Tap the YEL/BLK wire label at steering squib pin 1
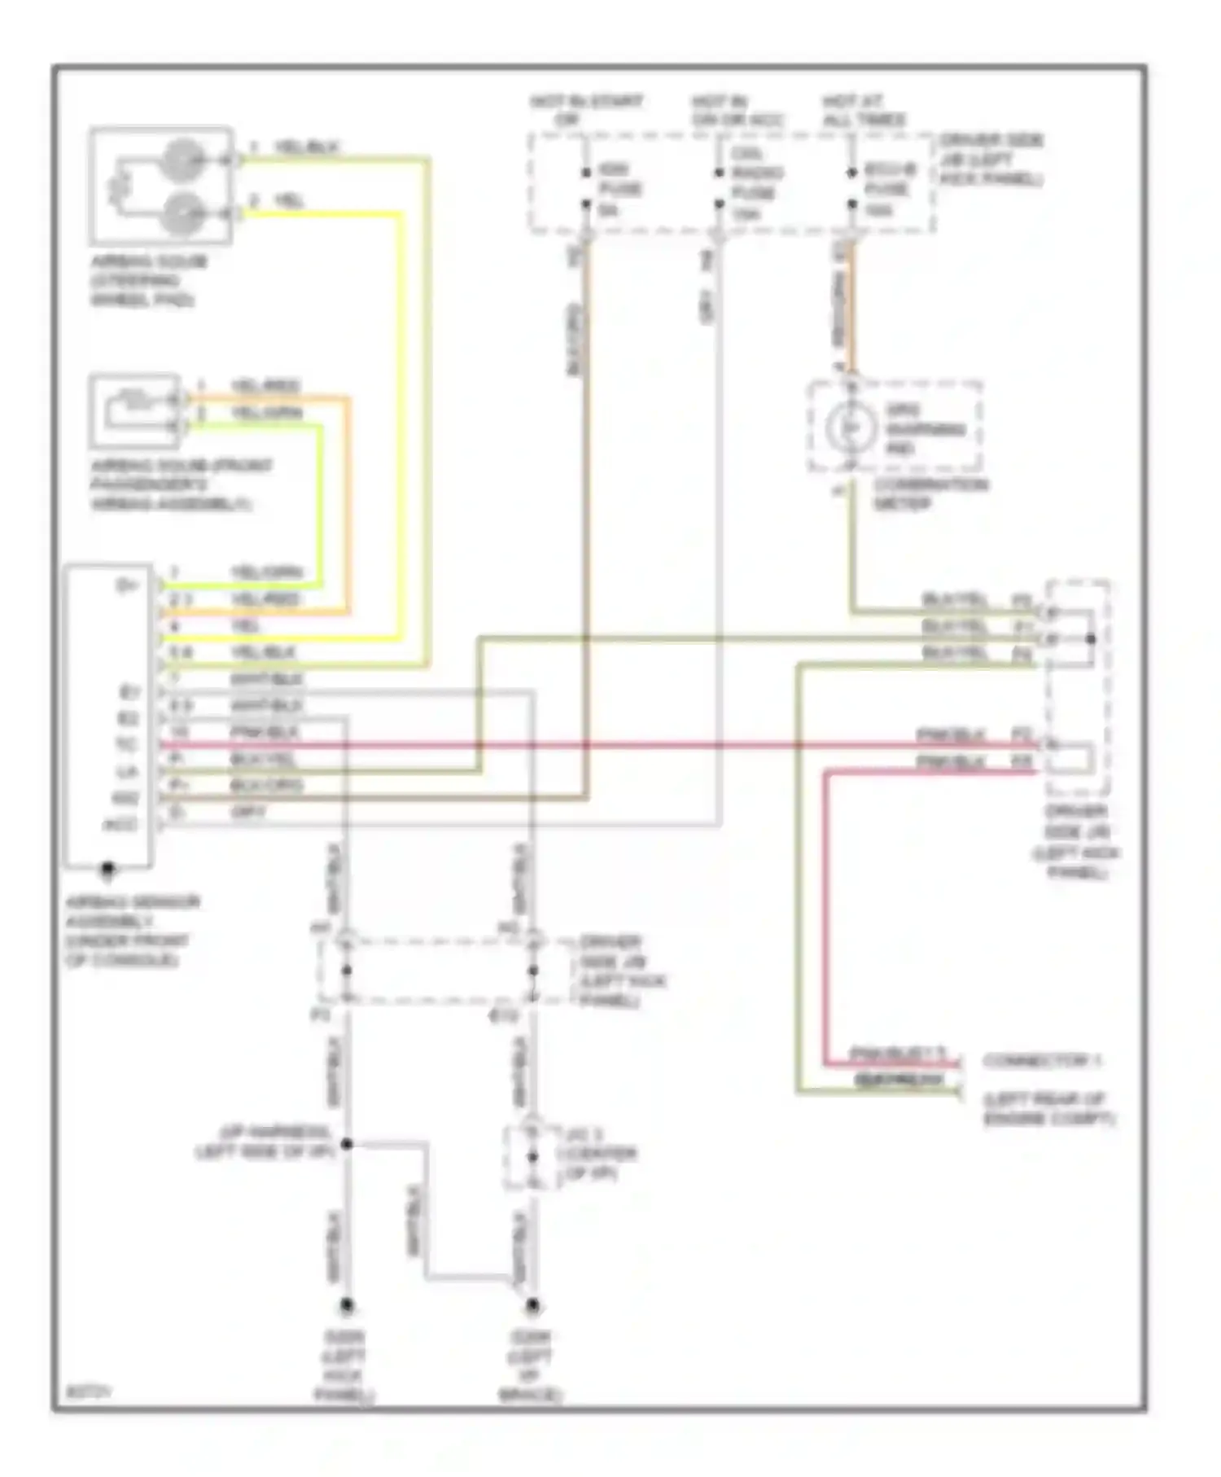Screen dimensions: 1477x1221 [305, 148]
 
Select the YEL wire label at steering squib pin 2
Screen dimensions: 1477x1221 [289, 201]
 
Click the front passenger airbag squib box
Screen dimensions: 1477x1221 [135, 410]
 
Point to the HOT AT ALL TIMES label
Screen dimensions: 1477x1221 [864, 111]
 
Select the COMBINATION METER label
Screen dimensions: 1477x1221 [930, 493]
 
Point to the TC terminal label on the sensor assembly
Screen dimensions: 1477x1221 [127, 745]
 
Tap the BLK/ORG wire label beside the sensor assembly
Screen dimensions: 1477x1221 [266, 786]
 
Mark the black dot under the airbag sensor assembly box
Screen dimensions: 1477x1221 [107, 870]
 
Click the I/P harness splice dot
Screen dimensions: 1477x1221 [347, 1144]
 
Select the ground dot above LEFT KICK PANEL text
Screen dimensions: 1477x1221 [347, 1305]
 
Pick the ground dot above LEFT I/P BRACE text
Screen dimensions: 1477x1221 [532, 1305]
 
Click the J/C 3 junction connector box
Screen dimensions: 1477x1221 [532, 1157]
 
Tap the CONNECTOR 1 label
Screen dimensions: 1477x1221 [1042, 1061]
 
